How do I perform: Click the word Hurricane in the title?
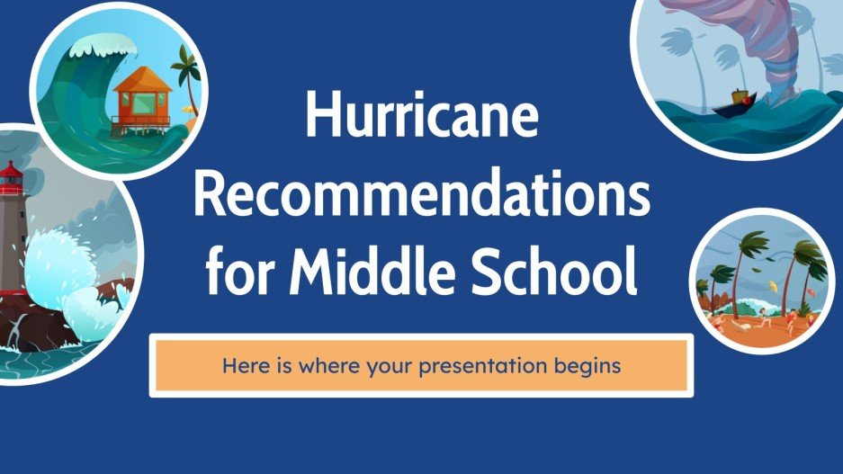[x=421, y=117]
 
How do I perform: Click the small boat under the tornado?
[x=731, y=103]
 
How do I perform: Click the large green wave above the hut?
[x=72, y=90]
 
